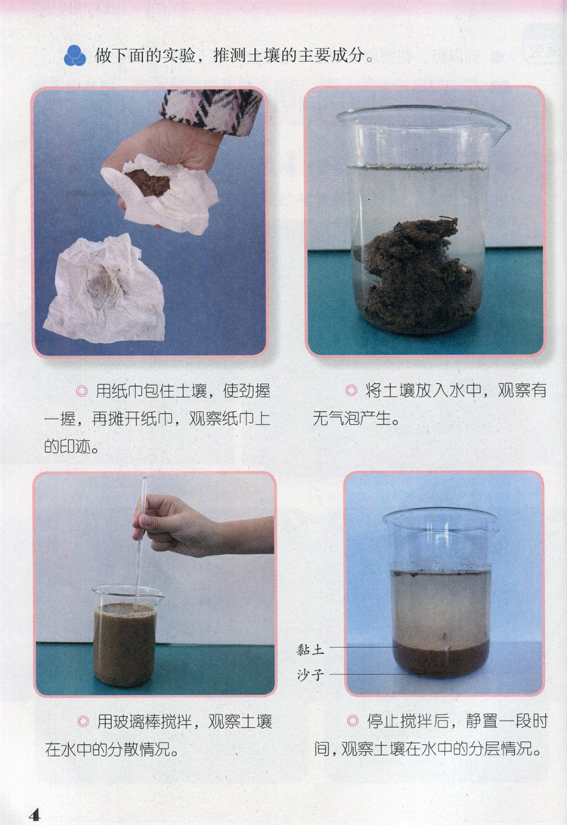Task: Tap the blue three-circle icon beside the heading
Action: click(x=75, y=54)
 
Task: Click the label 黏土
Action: click(x=311, y=650)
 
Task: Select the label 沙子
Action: click(x=311, y=674)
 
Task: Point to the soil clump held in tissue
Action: click(x=150, y=182)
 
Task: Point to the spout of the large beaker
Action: click(x=498, y=127)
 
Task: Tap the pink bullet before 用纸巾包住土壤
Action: click(x=82, y=391)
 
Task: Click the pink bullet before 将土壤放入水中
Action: click(x=351, y=391)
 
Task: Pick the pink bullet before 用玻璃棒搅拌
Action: click(x=83, y=721)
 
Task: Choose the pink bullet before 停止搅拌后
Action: click(x=352, y=721)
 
